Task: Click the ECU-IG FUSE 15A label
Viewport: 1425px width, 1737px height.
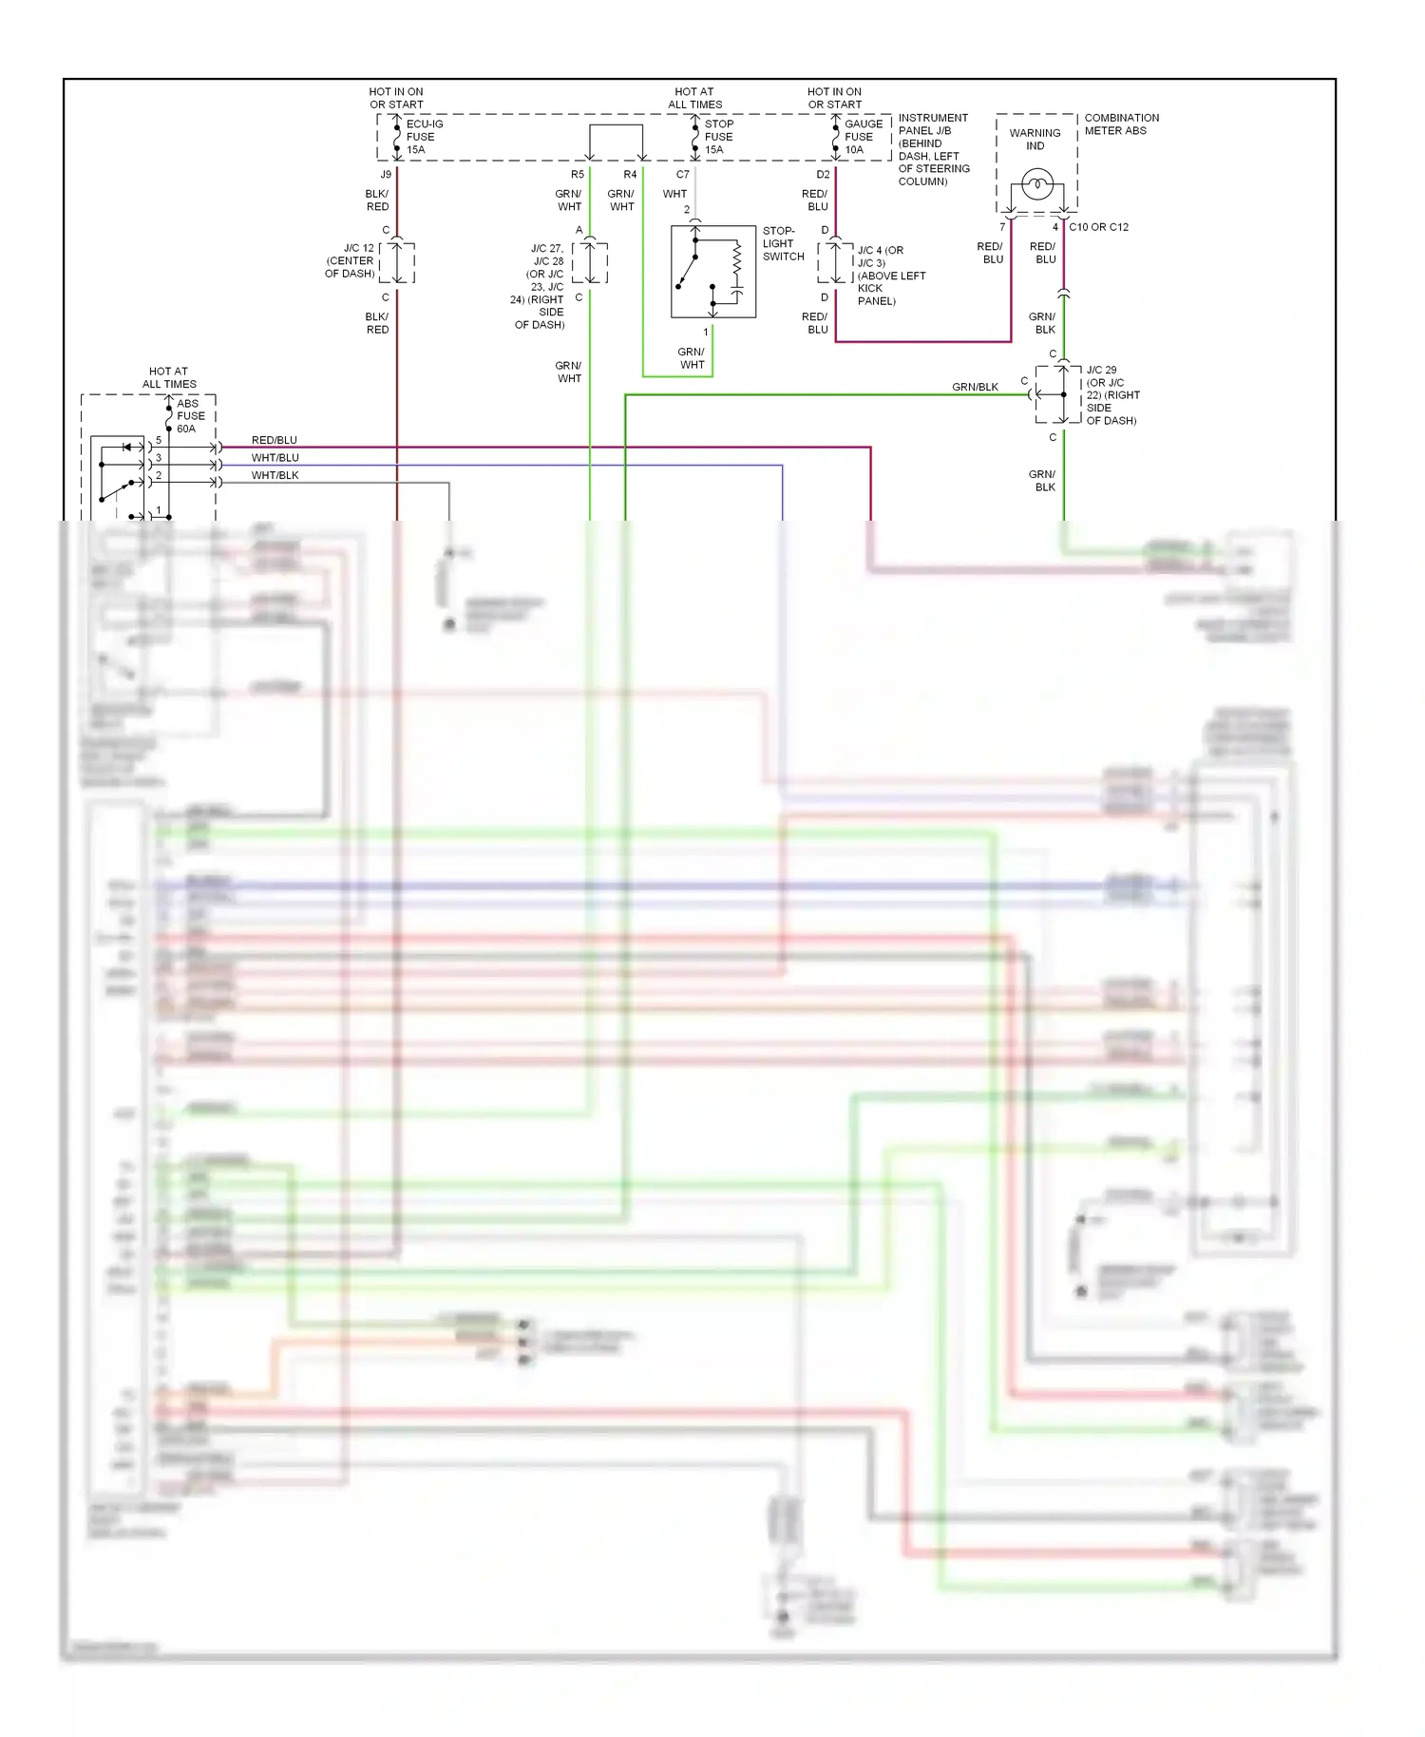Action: (x=423, y=137)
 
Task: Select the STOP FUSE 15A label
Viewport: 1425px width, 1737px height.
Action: (x=718, y=137)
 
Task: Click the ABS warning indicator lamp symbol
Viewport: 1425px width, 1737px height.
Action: (x=1036, y=182)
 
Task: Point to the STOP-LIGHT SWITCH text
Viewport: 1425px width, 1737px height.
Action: (x=783, y=243)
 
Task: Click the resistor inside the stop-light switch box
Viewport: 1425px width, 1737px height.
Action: (x=736, y=259)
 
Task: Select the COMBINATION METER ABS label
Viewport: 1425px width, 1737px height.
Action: (x=1121, y=124)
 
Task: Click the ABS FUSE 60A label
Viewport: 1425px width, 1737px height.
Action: (x=190, y=416)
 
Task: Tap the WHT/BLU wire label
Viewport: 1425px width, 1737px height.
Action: (x=275, y=458)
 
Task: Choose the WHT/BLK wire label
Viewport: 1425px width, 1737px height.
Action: (x=275, y=475)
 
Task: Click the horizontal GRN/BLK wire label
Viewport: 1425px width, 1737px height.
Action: (x=975, y=387)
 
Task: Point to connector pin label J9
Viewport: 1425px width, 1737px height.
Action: (x=386, y=175)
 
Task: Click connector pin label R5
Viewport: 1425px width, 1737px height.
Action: (x=578, y=175)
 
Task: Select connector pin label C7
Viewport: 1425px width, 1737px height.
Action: (x=682, y=175)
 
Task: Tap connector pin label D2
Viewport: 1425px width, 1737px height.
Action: (x=823, y=175)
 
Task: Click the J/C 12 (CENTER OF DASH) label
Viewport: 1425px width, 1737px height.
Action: (x=351, y=260)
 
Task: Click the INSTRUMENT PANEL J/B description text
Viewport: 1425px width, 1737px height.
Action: (x=933, y=149)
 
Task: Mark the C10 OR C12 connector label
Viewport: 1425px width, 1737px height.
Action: (x=1098, y=227)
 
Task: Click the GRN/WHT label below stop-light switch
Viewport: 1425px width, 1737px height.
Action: (x=692, y=358)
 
